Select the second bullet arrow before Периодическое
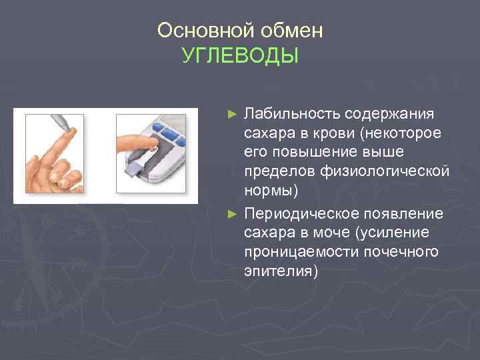(232, 213)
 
